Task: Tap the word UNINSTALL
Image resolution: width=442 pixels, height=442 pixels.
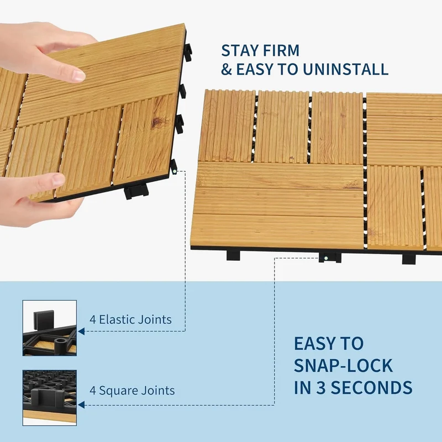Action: point(346,70)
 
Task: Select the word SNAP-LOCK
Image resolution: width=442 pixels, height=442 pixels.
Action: point(343,366)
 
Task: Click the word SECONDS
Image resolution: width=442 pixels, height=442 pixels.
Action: point(371,388)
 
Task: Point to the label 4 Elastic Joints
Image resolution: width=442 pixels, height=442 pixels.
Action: point(130,320)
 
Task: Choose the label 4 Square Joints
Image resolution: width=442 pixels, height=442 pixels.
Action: point(132,391)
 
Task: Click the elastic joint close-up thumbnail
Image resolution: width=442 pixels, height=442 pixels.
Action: point(50,328)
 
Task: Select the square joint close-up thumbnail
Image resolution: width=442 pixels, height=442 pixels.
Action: point(50,398)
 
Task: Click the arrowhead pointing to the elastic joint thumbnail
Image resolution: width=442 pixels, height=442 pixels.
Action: point(81,331)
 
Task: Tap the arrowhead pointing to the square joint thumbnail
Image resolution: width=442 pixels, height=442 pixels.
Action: point(81,405)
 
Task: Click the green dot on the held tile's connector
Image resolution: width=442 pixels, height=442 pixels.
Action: point(175,171)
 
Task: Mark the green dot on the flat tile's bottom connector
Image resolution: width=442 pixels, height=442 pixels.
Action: point(326,258)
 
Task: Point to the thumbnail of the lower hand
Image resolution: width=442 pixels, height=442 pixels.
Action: point(58,179)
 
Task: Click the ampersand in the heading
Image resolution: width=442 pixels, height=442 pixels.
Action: point(227,70)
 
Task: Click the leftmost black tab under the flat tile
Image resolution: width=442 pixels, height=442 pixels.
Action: point(233,255)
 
